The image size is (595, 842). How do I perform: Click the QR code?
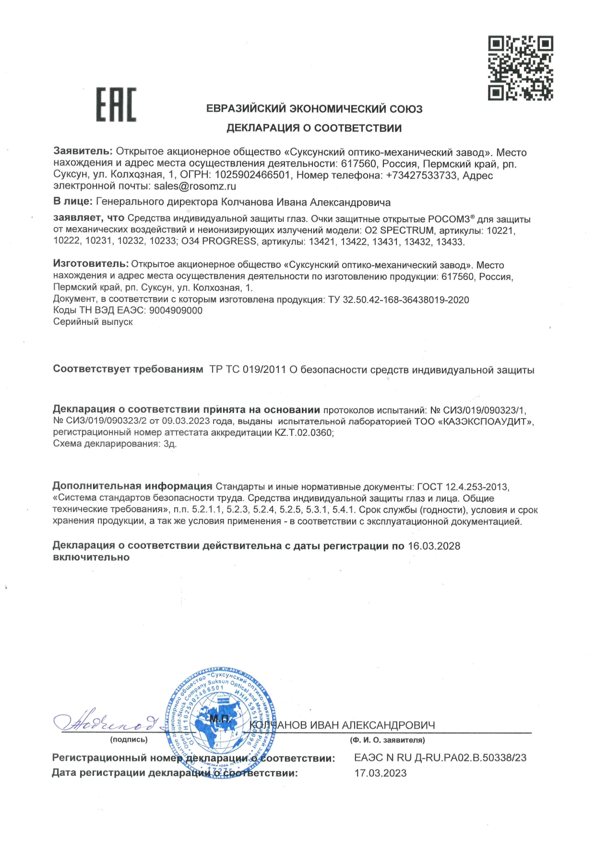(x=521, y=68)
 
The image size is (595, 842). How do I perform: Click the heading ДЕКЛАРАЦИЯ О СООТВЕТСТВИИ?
(x=314, y=128)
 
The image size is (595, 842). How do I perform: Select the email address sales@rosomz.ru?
(x=195, y=186)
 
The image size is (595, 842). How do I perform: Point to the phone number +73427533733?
(x=421, y=175)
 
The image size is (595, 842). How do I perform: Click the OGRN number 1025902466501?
(x=252, y=175)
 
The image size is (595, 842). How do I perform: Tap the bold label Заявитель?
(x=83, y=152)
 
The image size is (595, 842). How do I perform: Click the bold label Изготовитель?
(x=91, y=265)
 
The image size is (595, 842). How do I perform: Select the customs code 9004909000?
(x=176, y=311)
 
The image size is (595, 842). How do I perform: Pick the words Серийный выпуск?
(x=93, y=322)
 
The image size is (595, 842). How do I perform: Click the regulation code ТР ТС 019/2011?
(x=248, y=370)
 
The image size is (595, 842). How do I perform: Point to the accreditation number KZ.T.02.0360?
(x=303, y=433)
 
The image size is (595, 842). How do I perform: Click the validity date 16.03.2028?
(x=434, y=546)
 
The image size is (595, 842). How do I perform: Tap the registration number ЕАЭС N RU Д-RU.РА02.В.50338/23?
(x=440, y=758)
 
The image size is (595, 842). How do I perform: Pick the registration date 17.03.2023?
(x=380, y=773)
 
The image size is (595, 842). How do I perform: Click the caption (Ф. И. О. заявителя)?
(x=387, y=740)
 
